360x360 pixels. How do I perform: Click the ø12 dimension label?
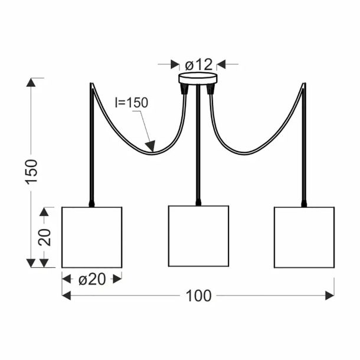point(199,65)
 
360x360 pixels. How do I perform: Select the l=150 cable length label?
point(132,103)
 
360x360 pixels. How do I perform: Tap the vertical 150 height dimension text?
point(31,172)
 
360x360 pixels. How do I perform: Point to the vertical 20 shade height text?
point(44,237)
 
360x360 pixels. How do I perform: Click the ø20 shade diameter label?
point(92,279)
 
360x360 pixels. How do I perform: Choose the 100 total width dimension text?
point(199,296)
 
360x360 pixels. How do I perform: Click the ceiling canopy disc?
point(198,78)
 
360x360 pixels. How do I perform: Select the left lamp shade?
point(92,237)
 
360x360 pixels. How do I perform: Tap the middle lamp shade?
point(199,236)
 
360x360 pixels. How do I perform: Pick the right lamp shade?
point(304,237)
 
